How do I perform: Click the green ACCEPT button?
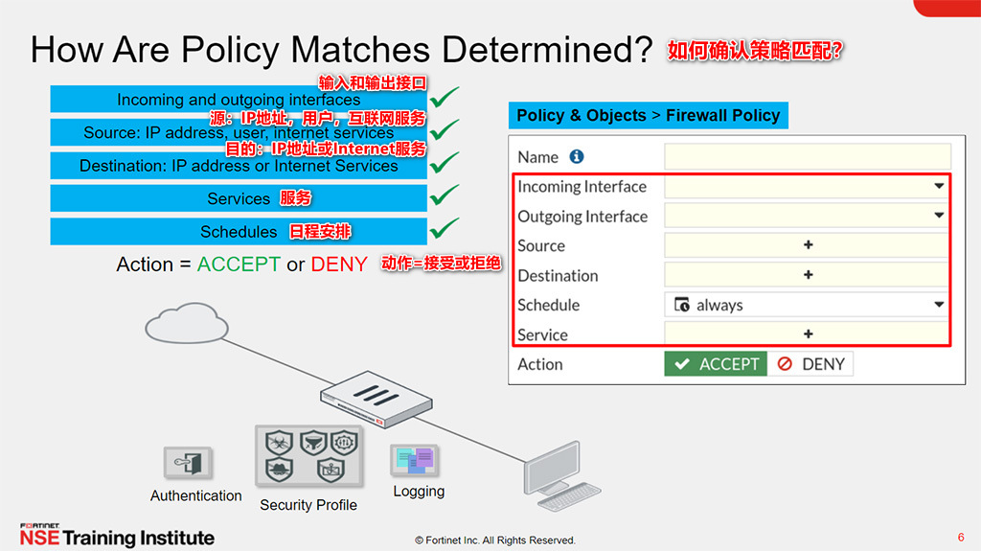click(x=716, y=364)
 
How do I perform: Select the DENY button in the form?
click(x=810, y=364)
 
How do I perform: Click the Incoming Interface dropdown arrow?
click(x=939, y=187)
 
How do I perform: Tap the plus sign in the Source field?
click(x=808, y=245)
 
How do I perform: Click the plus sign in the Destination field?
click(x=808, y=275)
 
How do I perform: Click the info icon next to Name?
click(x=577, y=156)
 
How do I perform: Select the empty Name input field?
click(x=807, y=157)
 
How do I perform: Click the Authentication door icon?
click(x=187, y=464)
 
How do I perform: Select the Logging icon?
click(x=415, y=461)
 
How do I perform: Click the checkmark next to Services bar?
click(x=445, y=195)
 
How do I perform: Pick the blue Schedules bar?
click(x=238, y=232)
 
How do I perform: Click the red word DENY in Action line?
click(x=339, y=264)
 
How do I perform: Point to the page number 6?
click(x=961, y=537)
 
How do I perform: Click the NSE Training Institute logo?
click(x=117, y=536)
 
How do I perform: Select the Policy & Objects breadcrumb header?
click(x=648, y=116)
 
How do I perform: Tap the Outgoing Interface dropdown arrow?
click(x=939, y=217)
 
